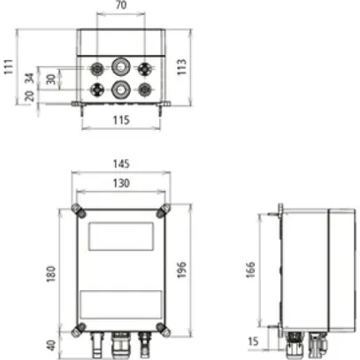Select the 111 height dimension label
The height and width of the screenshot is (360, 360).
tap(8, 68)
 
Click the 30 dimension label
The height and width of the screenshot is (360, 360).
tap(50, 79)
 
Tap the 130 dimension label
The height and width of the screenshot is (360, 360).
tap(120, 182)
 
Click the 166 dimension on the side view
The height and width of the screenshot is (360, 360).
tap(250, 270)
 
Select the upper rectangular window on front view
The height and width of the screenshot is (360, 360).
tap(120, 234)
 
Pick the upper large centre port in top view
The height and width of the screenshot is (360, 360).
tap(121, 66)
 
